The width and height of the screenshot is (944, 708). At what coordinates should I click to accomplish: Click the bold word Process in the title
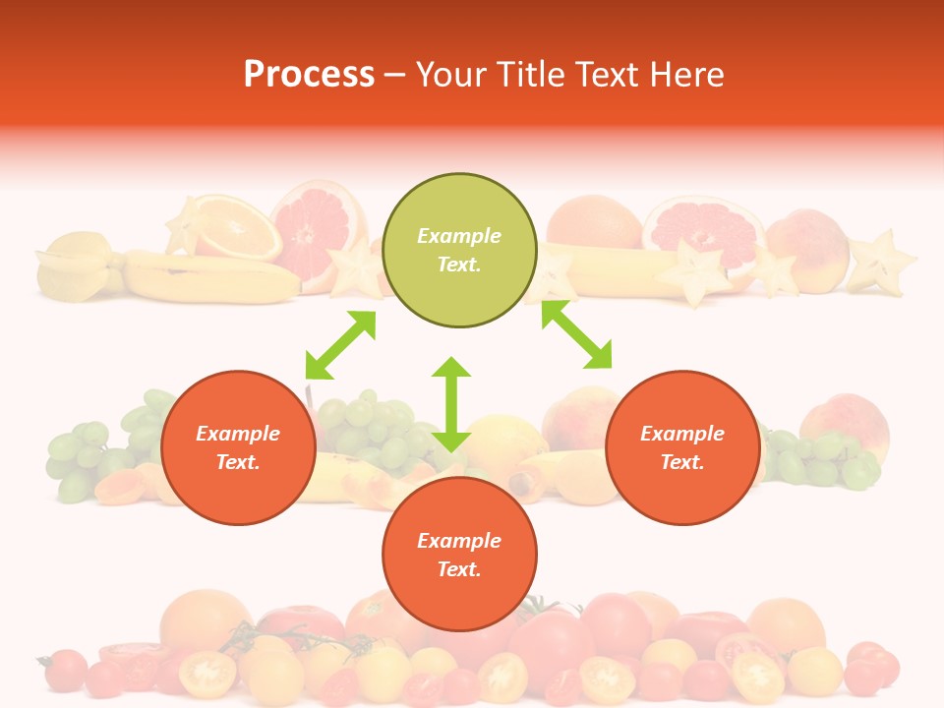[309, 75]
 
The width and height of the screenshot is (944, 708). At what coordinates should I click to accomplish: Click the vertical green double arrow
[451, 404]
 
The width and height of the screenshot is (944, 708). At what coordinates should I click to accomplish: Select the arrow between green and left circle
[340, 345]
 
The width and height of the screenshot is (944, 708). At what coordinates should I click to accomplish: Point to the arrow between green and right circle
[576, 334]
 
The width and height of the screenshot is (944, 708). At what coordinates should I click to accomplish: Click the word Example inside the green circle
[459, 236]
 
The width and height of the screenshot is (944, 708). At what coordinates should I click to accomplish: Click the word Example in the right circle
[682, 434]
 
